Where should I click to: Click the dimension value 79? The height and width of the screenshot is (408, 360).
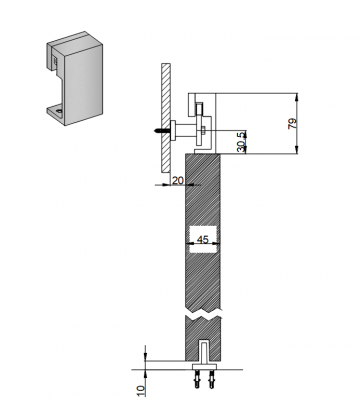(292, 124)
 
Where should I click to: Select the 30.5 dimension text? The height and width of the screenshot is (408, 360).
(241, 142)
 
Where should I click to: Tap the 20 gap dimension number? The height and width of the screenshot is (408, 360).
(178, 180)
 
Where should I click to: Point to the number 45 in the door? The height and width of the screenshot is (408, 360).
(203, 239)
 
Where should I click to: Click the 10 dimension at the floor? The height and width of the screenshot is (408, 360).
(141, 391)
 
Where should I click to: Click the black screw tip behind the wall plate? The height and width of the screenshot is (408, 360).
(159, 131)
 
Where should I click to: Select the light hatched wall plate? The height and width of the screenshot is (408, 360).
(166, 118)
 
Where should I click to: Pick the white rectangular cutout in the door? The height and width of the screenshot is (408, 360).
(203, 239)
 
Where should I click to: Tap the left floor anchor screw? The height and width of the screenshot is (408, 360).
(198, 379)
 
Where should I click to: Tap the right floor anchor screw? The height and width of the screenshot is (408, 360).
(211, 379)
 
